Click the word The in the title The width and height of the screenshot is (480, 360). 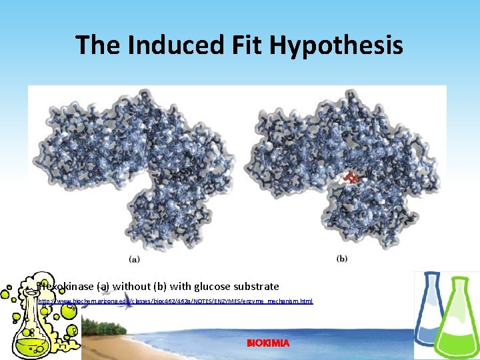click(x=97, y=45)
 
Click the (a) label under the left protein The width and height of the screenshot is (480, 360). click(x=133, y=259)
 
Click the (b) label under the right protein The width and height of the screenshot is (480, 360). click(x=342, y=259)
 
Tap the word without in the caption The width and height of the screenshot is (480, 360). click(x=132, y=287)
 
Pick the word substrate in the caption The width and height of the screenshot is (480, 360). click(x=256, y=287)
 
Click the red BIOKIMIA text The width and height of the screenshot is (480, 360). click(x=268, y=343)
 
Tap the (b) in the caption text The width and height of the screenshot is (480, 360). click(x=161, y=287)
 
